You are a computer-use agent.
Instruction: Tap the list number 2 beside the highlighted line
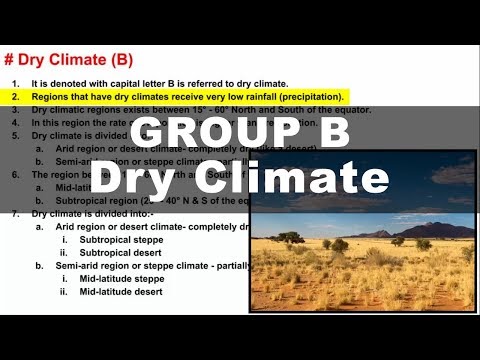(15, 96)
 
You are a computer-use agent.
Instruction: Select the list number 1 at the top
(15, 83)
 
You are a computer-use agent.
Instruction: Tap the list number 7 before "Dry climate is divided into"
(15, 213)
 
